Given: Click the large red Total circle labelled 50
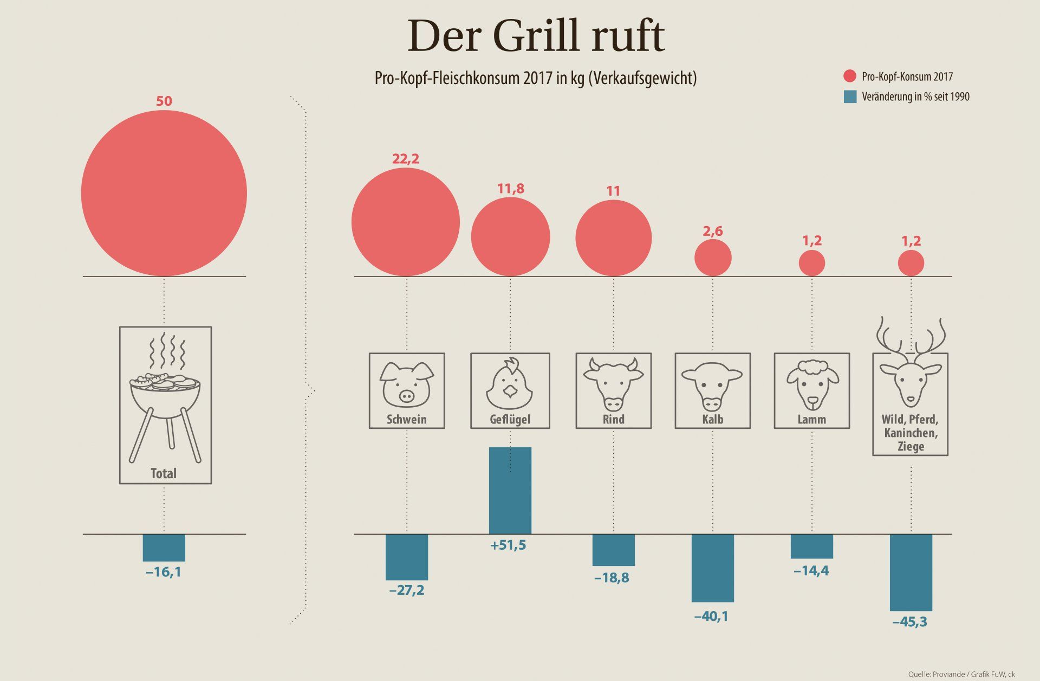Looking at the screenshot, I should [x=164, y=194].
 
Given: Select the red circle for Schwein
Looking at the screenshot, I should [x=406, y=222].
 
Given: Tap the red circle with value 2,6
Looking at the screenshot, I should [x=713, y=258].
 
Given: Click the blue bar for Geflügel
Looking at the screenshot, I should [x=510, y=490].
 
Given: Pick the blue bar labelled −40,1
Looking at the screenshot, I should [x=712, y=568].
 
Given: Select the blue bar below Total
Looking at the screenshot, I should [x=164, y=548].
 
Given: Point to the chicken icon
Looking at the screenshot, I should [x=510, y=384].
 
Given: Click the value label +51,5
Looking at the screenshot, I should [x=508, y=545].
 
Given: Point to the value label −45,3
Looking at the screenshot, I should [x=910, y=621].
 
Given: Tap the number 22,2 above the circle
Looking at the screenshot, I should [x=406, y=159].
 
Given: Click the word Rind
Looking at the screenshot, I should [x=613, y=419].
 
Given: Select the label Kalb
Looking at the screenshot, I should [x=712, y=419].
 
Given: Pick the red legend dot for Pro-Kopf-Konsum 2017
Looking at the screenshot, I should [x=849, y=77].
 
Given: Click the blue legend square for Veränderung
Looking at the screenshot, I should [x=850, y=97].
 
